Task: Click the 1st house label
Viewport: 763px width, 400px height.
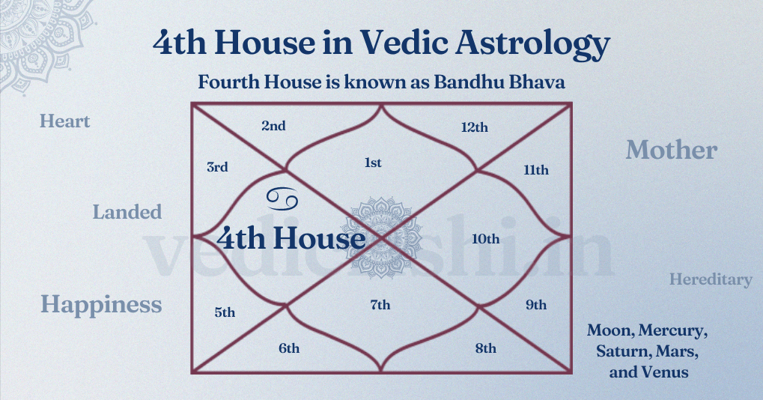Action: tap(373, 163)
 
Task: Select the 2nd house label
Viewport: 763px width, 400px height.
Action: tap(273, 126)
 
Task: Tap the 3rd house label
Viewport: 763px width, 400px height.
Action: tap(217, 167)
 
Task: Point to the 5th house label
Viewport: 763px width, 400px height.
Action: tap(225, 312)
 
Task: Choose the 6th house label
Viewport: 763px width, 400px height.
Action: tap(289, 348)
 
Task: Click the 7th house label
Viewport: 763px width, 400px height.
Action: tap(380, 305)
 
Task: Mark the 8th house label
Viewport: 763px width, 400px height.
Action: tap(486, 348)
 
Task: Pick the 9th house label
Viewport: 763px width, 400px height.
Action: tap(536, 305)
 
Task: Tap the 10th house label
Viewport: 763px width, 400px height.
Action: tap(486, 239)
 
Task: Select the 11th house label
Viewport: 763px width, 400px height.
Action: tap(536, 170)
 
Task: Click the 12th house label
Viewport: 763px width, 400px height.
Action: tap(475, 127)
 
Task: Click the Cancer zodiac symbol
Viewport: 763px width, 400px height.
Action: tap(282, 199)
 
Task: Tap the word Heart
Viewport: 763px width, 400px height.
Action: tap(64, 121)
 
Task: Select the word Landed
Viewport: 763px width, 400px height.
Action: tap(127, 212)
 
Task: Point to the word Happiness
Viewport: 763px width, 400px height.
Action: tap(101, 305)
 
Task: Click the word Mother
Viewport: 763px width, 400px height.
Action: tap(671, 150)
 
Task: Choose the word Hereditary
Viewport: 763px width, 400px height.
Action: tap(711, 279)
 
